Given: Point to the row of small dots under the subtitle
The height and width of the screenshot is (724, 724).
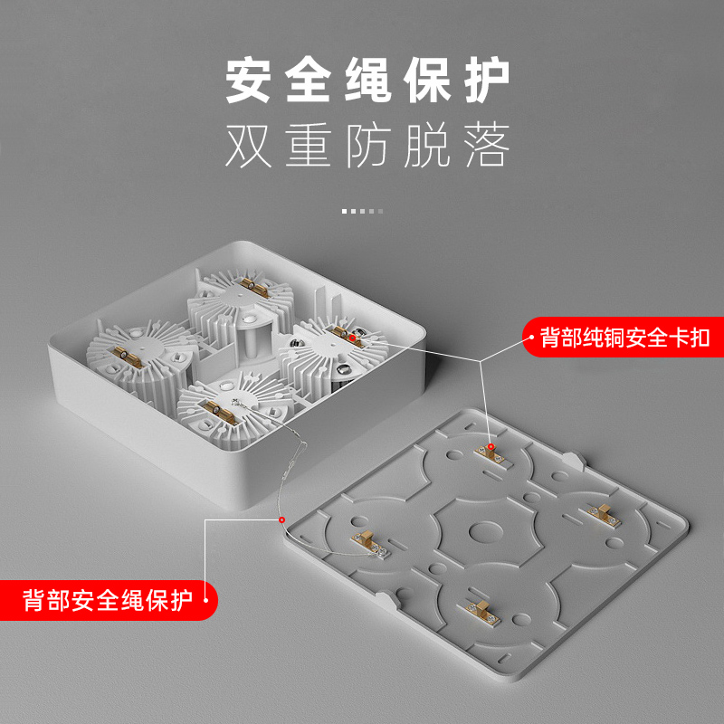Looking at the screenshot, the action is (362, 211).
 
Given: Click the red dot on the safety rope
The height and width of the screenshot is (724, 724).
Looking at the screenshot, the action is (282, 520).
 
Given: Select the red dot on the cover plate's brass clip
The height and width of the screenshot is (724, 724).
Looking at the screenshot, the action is (491, 447).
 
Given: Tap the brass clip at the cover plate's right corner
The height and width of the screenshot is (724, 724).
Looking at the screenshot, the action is (605, 513).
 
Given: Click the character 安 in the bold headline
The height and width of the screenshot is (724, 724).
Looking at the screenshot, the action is (251, 81).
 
